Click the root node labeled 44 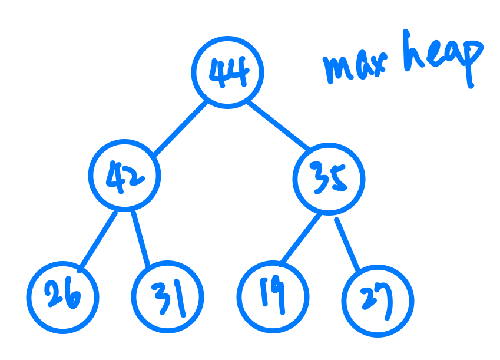point(227,72)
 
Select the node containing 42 point(124,175)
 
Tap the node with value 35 point(329,179)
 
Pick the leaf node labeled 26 point(62,296)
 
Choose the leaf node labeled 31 point(167,297)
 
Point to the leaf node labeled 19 point(273,295)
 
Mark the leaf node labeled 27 point(379,300)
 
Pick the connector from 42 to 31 point(141,239)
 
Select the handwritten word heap point(442,59)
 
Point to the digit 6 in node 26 point(72,297)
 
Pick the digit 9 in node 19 point(279,293)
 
